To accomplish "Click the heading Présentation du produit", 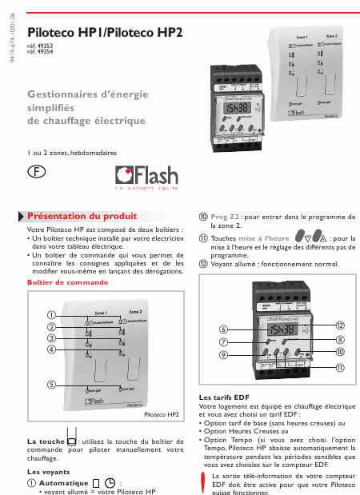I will pos(82,216).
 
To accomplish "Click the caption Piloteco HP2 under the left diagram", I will pos(161,415).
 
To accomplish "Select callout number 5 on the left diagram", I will pos(51,384).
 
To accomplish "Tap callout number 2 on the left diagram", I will pos(51,326).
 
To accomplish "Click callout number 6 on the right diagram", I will pos(224,329).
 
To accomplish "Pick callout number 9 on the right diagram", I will pos(224,353).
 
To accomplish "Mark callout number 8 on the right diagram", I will pos(340,339).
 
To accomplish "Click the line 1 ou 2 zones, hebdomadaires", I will pos(71,152).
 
